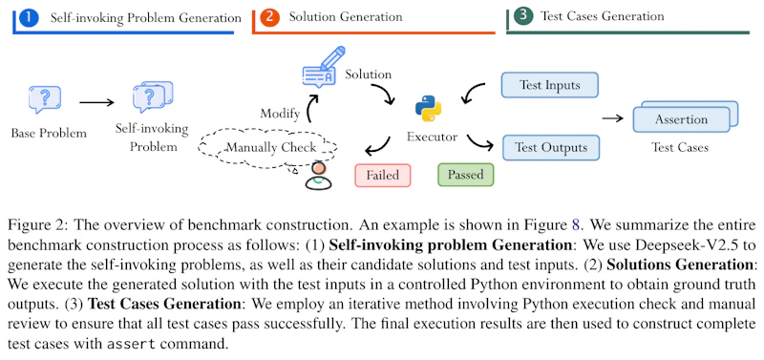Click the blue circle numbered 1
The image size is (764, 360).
30,18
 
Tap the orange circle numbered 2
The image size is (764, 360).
269,17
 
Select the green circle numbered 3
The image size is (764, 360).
523,15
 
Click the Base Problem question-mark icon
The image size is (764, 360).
45,99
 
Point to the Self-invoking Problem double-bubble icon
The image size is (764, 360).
153,97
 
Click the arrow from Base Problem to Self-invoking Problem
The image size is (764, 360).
96,103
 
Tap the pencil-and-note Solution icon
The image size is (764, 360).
323,67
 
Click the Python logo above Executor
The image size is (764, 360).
428,109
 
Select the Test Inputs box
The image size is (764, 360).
550,85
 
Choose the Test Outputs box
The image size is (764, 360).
551,148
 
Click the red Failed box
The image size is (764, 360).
383,175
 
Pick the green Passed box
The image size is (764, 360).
466,175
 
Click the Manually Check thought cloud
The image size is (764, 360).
269,148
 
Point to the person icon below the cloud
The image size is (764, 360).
318,176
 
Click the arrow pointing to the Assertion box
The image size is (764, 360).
613,118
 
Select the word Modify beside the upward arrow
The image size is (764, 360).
280,114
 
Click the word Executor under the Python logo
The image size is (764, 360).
433,137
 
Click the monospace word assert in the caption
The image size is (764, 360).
131,343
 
